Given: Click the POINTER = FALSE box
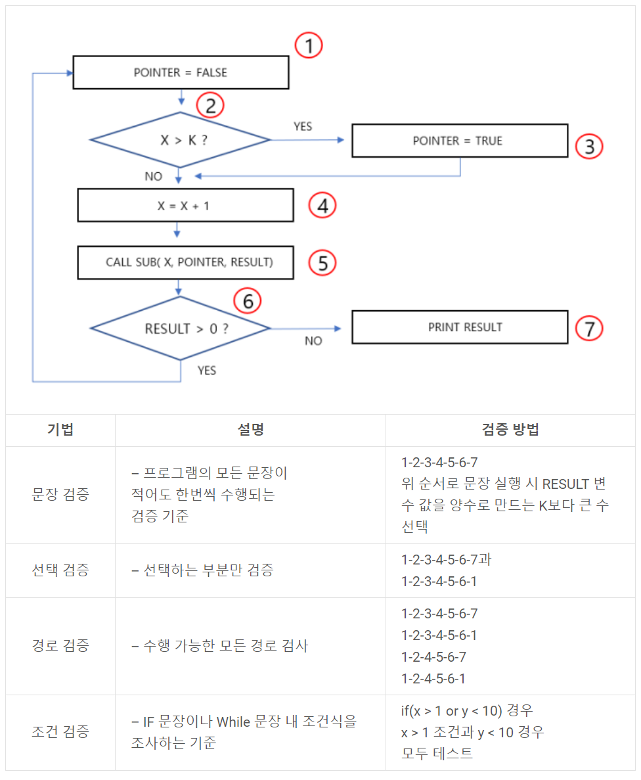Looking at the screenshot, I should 181,72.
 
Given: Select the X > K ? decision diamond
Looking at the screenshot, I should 181,140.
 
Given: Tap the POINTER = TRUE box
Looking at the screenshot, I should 459,141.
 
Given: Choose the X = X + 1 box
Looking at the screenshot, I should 185,206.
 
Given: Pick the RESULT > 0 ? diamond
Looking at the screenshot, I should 181,329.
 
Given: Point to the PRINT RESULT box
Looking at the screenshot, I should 459,327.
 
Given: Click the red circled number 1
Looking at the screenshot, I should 309,46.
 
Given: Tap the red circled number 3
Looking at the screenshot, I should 589,147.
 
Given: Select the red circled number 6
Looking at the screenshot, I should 248,301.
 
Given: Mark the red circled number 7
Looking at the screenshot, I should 589,328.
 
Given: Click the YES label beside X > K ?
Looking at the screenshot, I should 303,126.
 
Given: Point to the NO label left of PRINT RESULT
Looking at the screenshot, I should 313,341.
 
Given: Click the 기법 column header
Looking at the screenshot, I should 60,430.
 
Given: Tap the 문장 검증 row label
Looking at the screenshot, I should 60,495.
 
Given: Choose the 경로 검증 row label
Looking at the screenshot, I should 60,645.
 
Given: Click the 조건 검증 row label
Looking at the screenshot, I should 60,732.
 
